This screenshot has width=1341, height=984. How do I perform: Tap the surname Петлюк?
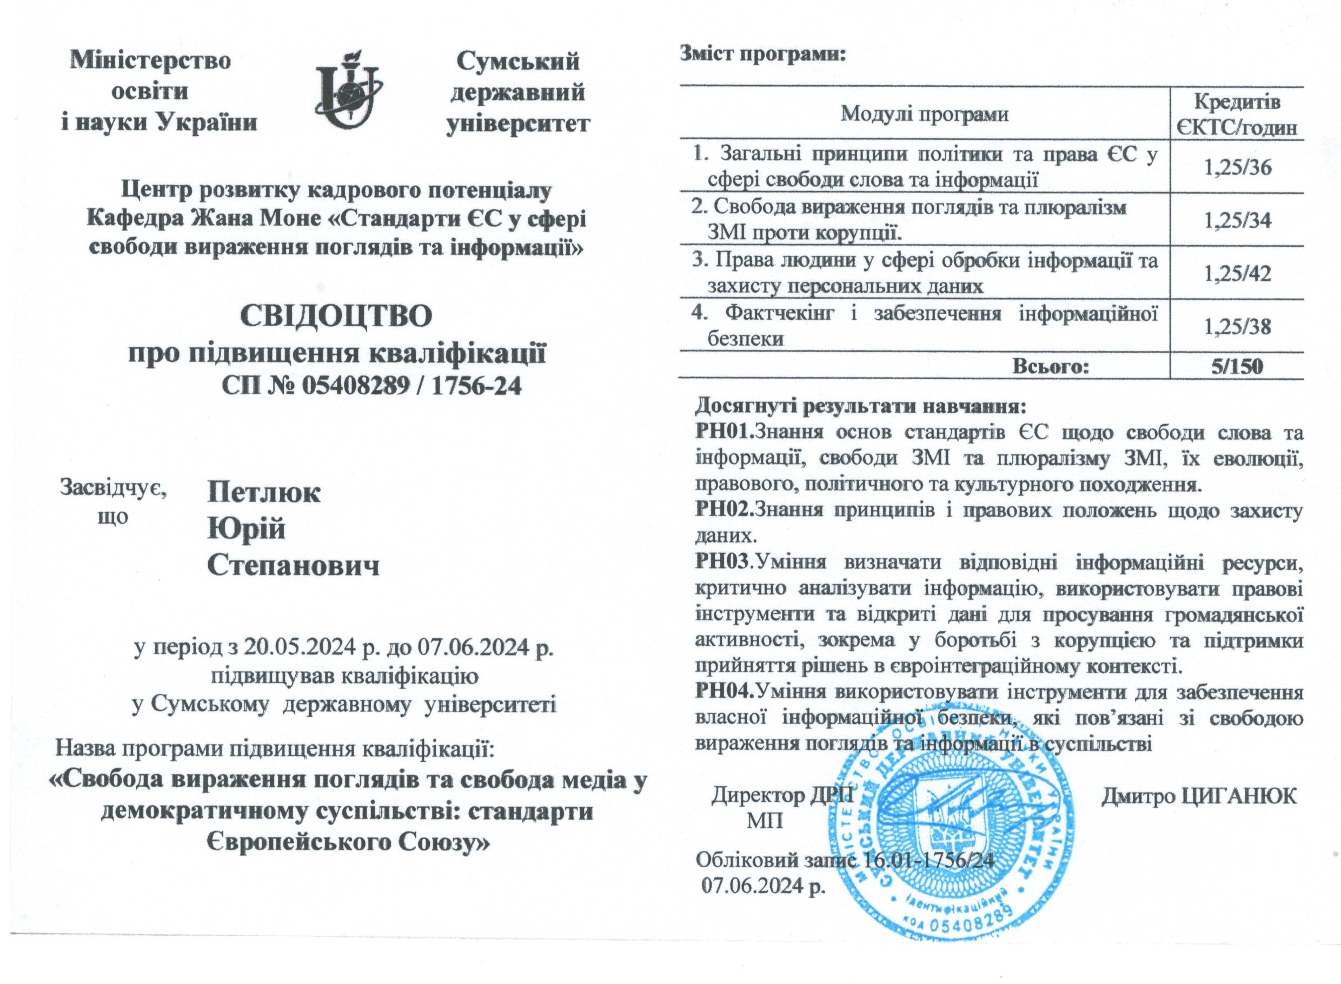pos(264,493)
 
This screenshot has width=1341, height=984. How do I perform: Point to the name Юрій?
pos(246,529)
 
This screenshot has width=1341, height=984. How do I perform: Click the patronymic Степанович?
pos(293,565)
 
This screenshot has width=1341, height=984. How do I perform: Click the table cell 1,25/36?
pos(1236,167)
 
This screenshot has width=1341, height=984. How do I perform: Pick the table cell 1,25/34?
pos(1236,220)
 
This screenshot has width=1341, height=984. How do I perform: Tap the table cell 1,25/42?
pos(1236,273)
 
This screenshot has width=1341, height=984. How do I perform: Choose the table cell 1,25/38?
pos(1236,326)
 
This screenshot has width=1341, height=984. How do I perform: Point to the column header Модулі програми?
pos(924,114)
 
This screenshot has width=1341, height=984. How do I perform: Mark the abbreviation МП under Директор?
pos(765,821)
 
